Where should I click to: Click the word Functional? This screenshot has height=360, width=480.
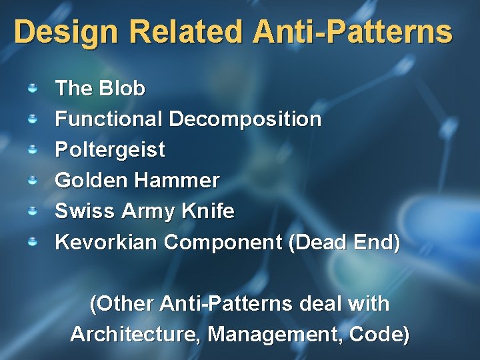tap(109, 119)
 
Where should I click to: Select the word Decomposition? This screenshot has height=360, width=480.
tap(245, 119)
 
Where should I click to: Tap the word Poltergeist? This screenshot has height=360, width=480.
tap(109, 150)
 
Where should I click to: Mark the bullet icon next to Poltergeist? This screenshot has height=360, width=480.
tap(32, 150)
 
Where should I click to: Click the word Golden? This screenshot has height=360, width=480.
tap(91, 181)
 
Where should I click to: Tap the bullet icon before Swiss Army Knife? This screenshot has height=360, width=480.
tap(32, 211)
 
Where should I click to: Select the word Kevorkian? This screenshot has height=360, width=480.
tap(106, 242)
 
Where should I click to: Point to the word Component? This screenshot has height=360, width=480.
tap(223, 242)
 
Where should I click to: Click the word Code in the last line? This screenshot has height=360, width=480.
tap(384, 334)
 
